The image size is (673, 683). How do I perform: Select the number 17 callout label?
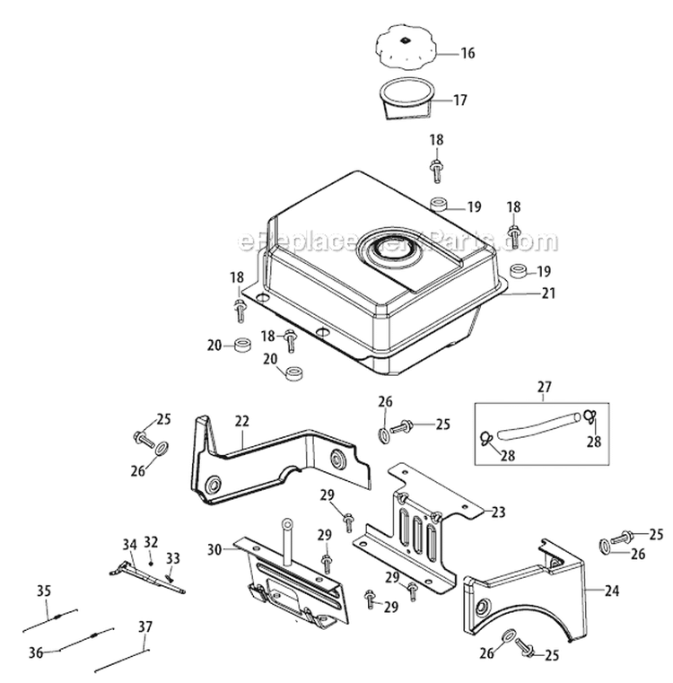coord(460,101)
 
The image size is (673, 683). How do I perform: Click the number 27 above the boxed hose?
coord(546,388)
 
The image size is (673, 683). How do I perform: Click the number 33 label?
coord(172,557)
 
